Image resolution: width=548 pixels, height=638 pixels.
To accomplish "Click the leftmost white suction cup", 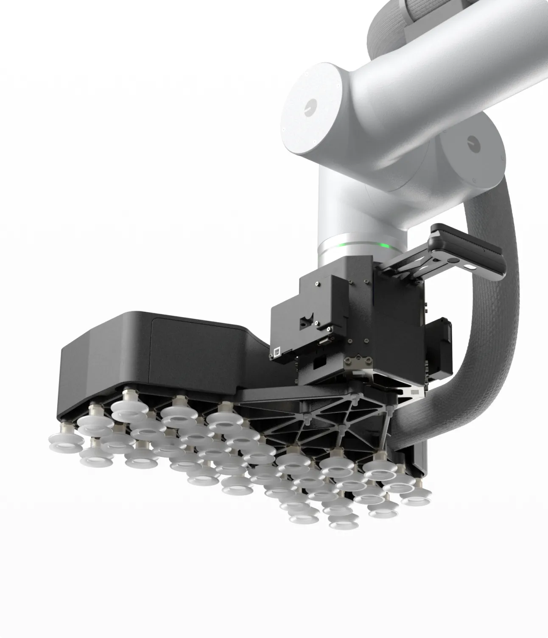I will click(60, 442).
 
